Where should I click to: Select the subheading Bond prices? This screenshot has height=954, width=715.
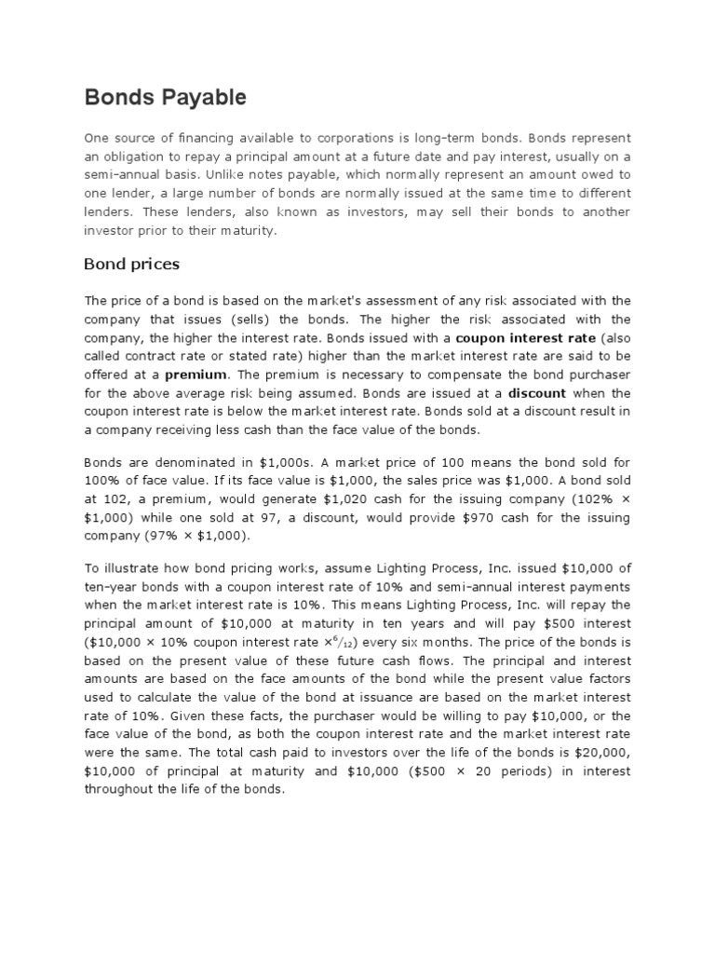[131, 264]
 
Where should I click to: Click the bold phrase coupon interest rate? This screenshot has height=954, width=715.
[526, 336]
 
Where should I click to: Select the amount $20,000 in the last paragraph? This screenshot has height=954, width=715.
[603, 753]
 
